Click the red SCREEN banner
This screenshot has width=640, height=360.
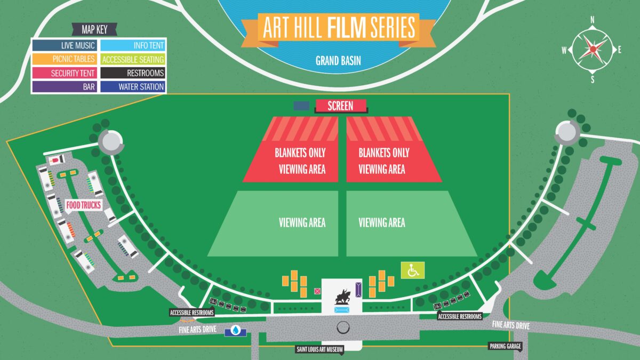[340, 106]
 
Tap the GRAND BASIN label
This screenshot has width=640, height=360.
[338, 60]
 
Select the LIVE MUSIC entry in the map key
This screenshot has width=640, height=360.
[63, 46]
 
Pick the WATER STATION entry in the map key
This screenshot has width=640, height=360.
[133, 86]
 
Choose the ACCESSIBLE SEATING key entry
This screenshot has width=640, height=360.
[133, 60]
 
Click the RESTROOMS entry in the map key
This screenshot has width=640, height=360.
[133, 73]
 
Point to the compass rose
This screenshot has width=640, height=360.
[593, 49]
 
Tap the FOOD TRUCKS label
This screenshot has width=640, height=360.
[83, 204]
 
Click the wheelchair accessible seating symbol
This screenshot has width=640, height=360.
[413, 270]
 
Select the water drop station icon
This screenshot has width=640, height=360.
[235, 331]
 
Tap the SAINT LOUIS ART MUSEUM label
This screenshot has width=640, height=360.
[319, 350]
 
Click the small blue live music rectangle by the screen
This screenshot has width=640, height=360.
[301, 106]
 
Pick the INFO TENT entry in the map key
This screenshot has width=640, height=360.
[133, 46]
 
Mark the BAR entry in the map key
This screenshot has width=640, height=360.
[63, 86]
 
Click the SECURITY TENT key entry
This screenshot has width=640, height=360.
[63, 73]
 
